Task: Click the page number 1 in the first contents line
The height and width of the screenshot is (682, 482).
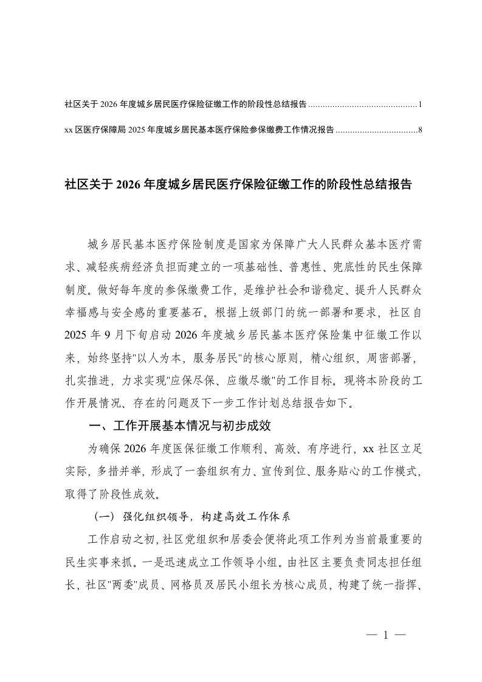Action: click(420, 105)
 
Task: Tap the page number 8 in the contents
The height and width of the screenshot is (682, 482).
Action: click(420, 130)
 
